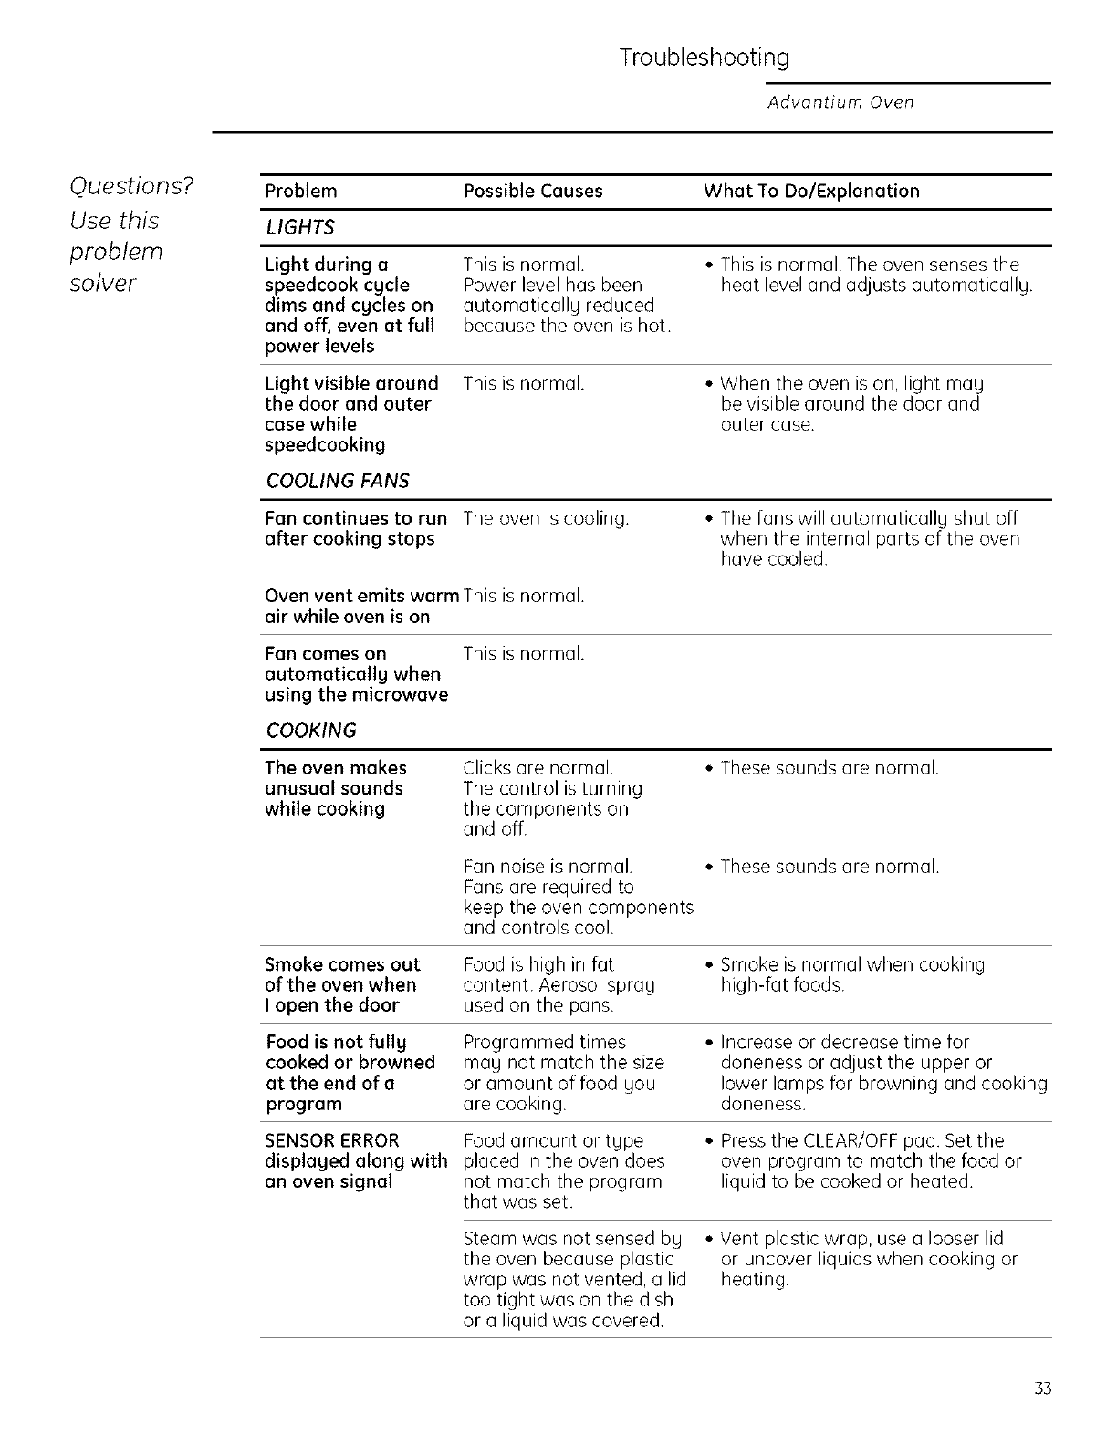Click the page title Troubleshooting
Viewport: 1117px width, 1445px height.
[704, 58]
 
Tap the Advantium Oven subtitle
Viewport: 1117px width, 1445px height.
[840, 102]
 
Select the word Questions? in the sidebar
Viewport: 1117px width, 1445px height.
[132, 186]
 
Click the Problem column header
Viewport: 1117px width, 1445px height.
[300, 192]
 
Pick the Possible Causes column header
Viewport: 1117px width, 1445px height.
[533, 192]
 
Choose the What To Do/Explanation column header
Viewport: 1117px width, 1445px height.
[811, 192]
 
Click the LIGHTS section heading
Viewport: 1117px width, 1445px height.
[299, 228]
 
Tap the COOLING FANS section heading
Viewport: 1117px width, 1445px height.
[337, 482]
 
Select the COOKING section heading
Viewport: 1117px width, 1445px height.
[310, 732]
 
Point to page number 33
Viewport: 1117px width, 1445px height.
[1044, 1389]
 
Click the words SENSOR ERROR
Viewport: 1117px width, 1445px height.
[332, 1141]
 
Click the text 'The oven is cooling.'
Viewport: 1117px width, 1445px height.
[546, 519]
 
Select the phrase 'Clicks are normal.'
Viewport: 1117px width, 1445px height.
[538, 768]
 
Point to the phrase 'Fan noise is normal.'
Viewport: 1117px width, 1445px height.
[548, 867]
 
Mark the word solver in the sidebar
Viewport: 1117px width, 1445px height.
[102, 284]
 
